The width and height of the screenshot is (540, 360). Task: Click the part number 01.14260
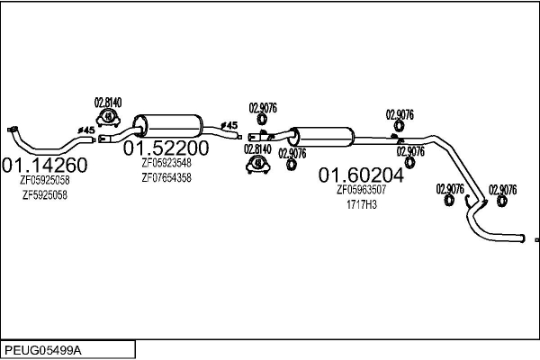45,165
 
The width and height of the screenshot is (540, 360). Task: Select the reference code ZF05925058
45,180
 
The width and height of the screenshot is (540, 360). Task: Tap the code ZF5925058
45,194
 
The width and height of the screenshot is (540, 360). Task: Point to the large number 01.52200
166,147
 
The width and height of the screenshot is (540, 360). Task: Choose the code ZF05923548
166,163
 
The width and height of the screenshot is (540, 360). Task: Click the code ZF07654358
166,177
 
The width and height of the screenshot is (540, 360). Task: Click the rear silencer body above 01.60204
323,137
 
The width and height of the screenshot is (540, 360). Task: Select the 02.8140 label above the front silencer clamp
108,102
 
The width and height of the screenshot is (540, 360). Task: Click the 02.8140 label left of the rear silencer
257,148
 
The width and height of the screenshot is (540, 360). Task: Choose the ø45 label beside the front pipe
86,130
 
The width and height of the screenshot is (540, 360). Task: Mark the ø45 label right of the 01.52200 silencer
229,125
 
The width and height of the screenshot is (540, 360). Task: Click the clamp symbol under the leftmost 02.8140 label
108,117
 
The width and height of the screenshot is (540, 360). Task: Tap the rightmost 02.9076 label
502,189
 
